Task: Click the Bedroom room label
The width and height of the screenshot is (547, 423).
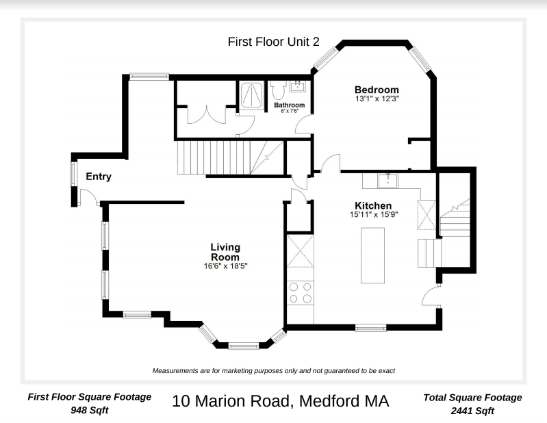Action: pyautogui.click(x=376, y=90)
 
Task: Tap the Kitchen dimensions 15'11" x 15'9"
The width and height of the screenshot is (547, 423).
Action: pyautogui.click(x=372, y=214)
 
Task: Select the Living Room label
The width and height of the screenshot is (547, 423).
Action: pyautogui.click(x=225, y=252)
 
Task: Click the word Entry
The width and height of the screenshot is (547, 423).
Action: pyautogui.click(x=99, y=177)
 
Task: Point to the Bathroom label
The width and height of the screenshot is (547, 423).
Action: pyautogui.click(x=289, y=105)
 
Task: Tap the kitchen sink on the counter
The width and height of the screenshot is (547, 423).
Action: pyautogui.click(x=387, y=181)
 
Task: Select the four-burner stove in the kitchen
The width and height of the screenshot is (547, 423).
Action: pyautogui.click(x=299, y=293)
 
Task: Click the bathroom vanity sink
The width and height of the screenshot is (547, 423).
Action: pyautogui.click(x=298, y=87)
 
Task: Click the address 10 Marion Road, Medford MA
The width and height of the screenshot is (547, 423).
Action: pyautogui.click(x=280, y=401)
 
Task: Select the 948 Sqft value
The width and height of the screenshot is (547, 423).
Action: pyautogui.click(x=89, y=411)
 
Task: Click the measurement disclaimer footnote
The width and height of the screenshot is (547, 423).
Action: pyautogui.click(x=274, y=370)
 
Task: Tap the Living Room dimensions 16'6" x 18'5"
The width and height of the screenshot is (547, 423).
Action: pyautogui.click(x=225, y=266)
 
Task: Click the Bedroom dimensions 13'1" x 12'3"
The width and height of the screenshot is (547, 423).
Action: pyautogui.click(x=376, y=99)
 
